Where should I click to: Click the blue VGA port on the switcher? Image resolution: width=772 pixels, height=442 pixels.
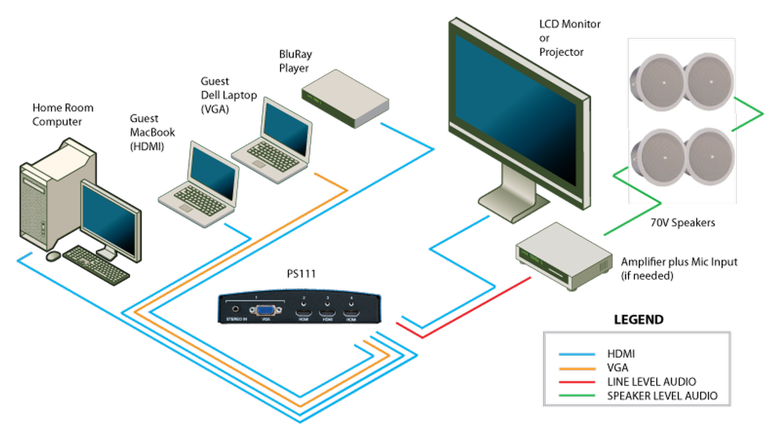tap(264, 311)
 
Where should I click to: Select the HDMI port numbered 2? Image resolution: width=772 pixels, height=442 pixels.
tap(303, 315)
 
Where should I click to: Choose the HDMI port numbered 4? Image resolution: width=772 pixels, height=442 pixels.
tap(351, 315)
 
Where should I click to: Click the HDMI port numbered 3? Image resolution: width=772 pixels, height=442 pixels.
tap(327, 315)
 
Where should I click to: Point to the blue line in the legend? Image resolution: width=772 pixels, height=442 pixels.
tap(577, 355)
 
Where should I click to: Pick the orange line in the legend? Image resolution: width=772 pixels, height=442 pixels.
tap(577, 369)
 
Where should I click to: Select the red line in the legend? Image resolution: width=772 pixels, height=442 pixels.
tap(577, 382)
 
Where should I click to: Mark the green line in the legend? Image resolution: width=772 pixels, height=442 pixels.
tap(577, 395)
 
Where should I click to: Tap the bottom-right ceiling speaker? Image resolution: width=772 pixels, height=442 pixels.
tap(708, 156)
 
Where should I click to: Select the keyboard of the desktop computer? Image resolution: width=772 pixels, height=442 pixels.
tap(96, 264)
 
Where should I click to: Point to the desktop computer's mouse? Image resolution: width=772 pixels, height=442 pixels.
tap(53, 256)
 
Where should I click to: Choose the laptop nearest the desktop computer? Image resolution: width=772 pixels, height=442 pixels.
tap(199, 187)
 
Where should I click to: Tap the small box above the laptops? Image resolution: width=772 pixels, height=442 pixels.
tap(345, 99)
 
